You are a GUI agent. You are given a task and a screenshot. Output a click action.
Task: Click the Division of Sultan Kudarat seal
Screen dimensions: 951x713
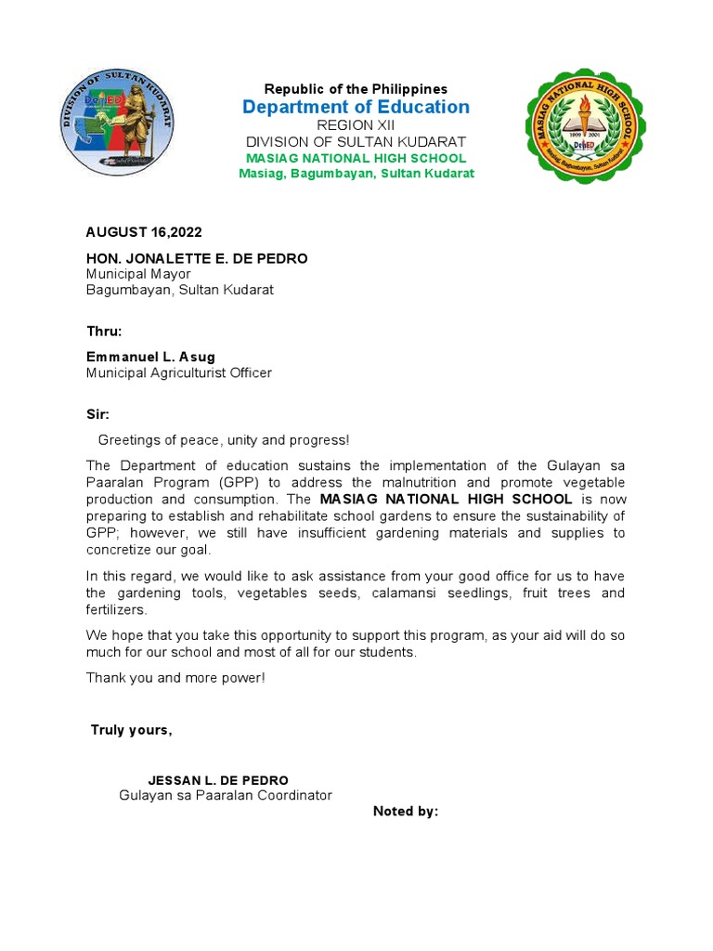tap(117, 123)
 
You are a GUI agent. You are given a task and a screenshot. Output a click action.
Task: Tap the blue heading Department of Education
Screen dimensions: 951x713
tap(356, 107)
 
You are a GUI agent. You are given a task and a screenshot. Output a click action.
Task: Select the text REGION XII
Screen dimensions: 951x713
tap(356, 124)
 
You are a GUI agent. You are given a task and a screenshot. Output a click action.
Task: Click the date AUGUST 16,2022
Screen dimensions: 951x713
tap(144, 232)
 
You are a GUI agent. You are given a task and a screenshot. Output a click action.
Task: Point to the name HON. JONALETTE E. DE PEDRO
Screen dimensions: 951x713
tap(197, 258)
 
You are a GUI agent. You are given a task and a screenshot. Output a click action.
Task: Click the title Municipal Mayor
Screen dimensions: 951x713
tap(138, 274)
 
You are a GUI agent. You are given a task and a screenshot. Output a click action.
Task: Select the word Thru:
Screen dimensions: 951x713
tap(104, 332)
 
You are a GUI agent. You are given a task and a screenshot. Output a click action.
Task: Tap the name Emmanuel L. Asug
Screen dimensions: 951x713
tap(149, 358)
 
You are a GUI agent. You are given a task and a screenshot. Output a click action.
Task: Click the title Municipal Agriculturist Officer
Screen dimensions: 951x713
tap(179, 373)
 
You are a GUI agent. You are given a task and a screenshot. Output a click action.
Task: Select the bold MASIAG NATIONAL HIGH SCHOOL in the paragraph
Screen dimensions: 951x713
tap(446, 500)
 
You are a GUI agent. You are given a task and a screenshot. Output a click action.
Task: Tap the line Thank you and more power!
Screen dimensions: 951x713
tap(175, 678)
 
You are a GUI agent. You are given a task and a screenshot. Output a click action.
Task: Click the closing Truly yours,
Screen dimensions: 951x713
tap(131, 730)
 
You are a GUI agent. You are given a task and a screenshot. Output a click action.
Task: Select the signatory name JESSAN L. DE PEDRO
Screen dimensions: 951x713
tap(218, 780)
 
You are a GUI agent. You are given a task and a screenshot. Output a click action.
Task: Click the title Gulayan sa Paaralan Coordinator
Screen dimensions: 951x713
tap(226, 796)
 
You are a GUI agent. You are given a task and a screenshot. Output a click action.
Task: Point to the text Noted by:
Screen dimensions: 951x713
tap(406, 812)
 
